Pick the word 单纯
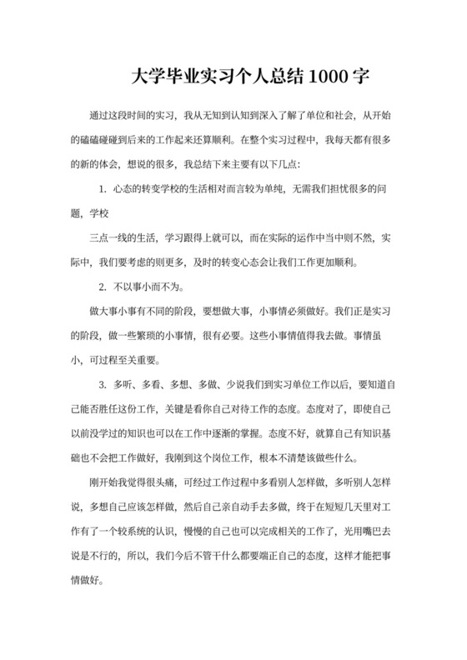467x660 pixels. pyautogui.click(x=274, y=189)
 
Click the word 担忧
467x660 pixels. pyautogui.click(x=350, y=189)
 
